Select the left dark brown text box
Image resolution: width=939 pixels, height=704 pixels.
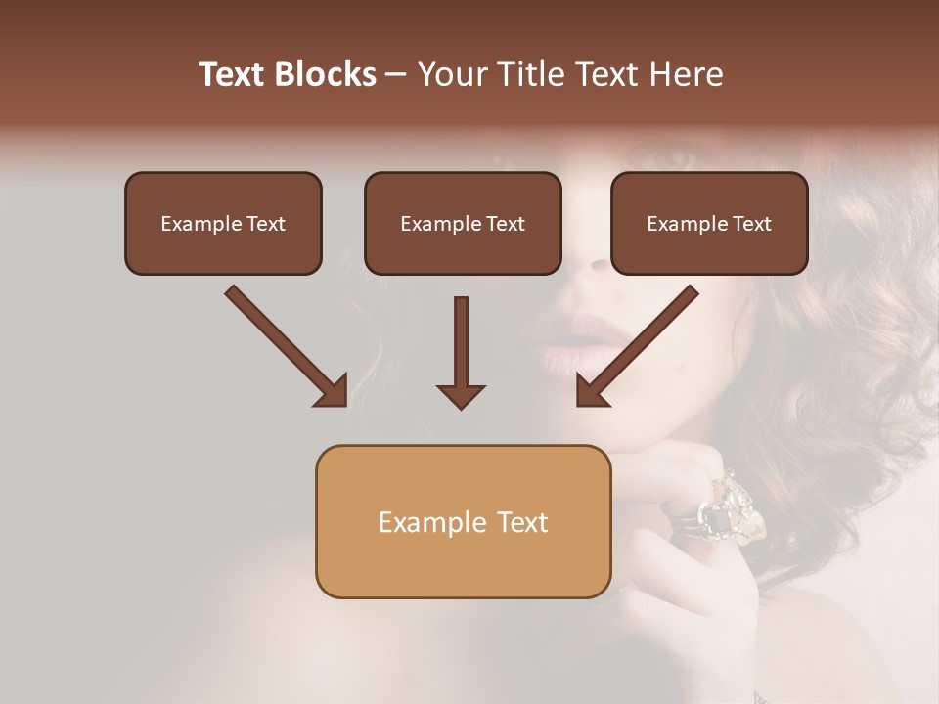click(223, 223)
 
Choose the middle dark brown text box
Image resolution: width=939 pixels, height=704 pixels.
click(463, 223)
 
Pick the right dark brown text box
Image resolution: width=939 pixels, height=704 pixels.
click(709, 223)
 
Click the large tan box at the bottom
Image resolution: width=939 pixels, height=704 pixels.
click(463, 522)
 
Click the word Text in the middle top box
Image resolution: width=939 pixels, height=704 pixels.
click(506, 223)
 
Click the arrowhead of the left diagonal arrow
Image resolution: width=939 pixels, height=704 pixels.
click(333, 390)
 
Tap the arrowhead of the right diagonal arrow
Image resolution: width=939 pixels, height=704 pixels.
click(591, 390)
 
